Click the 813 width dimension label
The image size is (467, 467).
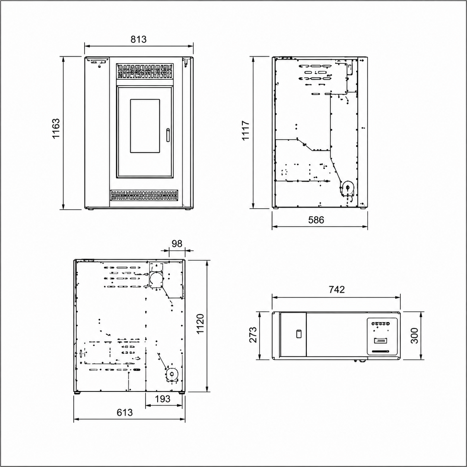139,39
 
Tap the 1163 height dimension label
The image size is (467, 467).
56,128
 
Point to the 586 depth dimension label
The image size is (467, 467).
316,220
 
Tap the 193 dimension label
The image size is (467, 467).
163,398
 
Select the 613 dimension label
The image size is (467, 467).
125,412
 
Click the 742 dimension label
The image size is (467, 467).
337,289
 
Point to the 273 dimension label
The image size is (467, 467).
253,335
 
